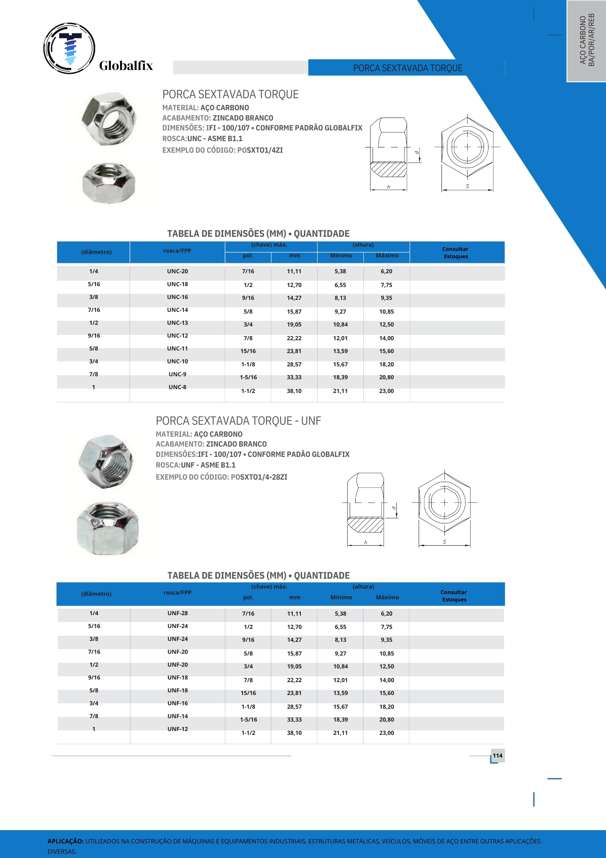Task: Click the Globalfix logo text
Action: point(126,66)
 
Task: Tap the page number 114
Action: point(497,755)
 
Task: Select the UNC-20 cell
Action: point(177,271)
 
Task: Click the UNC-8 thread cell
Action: point(177,387)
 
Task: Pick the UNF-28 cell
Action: point(177,613)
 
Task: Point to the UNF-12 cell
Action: point(177,729)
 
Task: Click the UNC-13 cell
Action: point(177,323)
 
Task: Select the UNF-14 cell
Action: point(177,716)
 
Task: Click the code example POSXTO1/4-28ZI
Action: point(259,477)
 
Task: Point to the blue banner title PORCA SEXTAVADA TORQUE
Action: point(408,68)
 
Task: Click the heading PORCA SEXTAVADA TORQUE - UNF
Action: point(238,421)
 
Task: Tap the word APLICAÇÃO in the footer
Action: point(65,841)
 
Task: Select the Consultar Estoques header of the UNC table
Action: point(456,253)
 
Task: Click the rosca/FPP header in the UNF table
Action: point(177,592)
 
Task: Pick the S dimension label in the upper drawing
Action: point(467,186)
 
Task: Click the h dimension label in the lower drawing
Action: point(366,543)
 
